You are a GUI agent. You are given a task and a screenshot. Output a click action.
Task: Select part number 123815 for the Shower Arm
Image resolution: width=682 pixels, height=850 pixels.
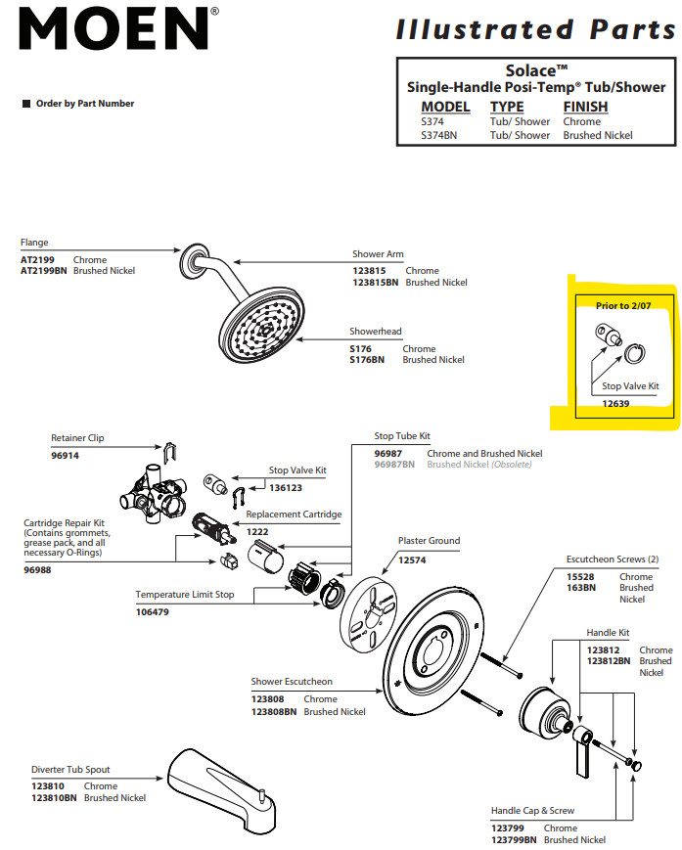point(371,271)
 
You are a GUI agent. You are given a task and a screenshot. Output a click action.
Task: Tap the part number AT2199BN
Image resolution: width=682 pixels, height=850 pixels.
point(44,271)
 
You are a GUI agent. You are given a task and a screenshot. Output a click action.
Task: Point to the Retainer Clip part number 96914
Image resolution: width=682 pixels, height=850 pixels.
point(65,456)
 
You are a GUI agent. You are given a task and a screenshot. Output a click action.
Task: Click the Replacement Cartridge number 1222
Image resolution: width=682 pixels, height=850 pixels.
point(256,531)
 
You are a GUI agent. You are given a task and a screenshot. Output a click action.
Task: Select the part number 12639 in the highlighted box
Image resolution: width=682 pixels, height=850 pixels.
point(614,403)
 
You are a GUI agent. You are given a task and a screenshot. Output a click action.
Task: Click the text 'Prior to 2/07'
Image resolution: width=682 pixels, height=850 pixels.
point(623,306)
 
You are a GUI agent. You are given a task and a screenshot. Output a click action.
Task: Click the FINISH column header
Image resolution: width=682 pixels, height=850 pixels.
point(585,107)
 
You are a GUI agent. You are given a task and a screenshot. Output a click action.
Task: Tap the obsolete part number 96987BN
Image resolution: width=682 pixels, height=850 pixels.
point(394,465)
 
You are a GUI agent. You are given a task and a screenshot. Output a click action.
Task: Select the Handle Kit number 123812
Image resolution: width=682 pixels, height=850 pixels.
point(604,650)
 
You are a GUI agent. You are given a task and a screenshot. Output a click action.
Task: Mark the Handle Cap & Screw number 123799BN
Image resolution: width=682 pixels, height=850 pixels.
point(514,840)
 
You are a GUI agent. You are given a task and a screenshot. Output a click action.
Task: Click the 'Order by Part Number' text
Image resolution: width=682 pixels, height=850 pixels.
point(85,104)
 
